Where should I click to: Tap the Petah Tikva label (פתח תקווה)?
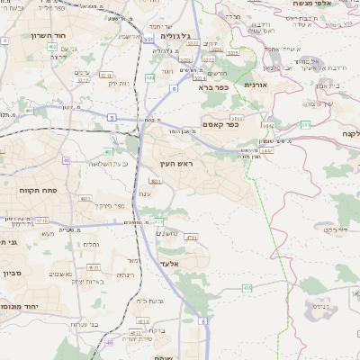[38, 190]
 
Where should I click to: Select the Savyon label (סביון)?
[11, 273]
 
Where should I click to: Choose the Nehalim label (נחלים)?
[91, 245]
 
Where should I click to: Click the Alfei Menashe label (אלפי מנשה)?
[333, 4]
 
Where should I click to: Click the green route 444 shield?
[150, 77]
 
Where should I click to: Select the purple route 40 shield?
[67, 160]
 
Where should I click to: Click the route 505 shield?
[305, 124]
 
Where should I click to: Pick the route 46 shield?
[110, 342]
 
